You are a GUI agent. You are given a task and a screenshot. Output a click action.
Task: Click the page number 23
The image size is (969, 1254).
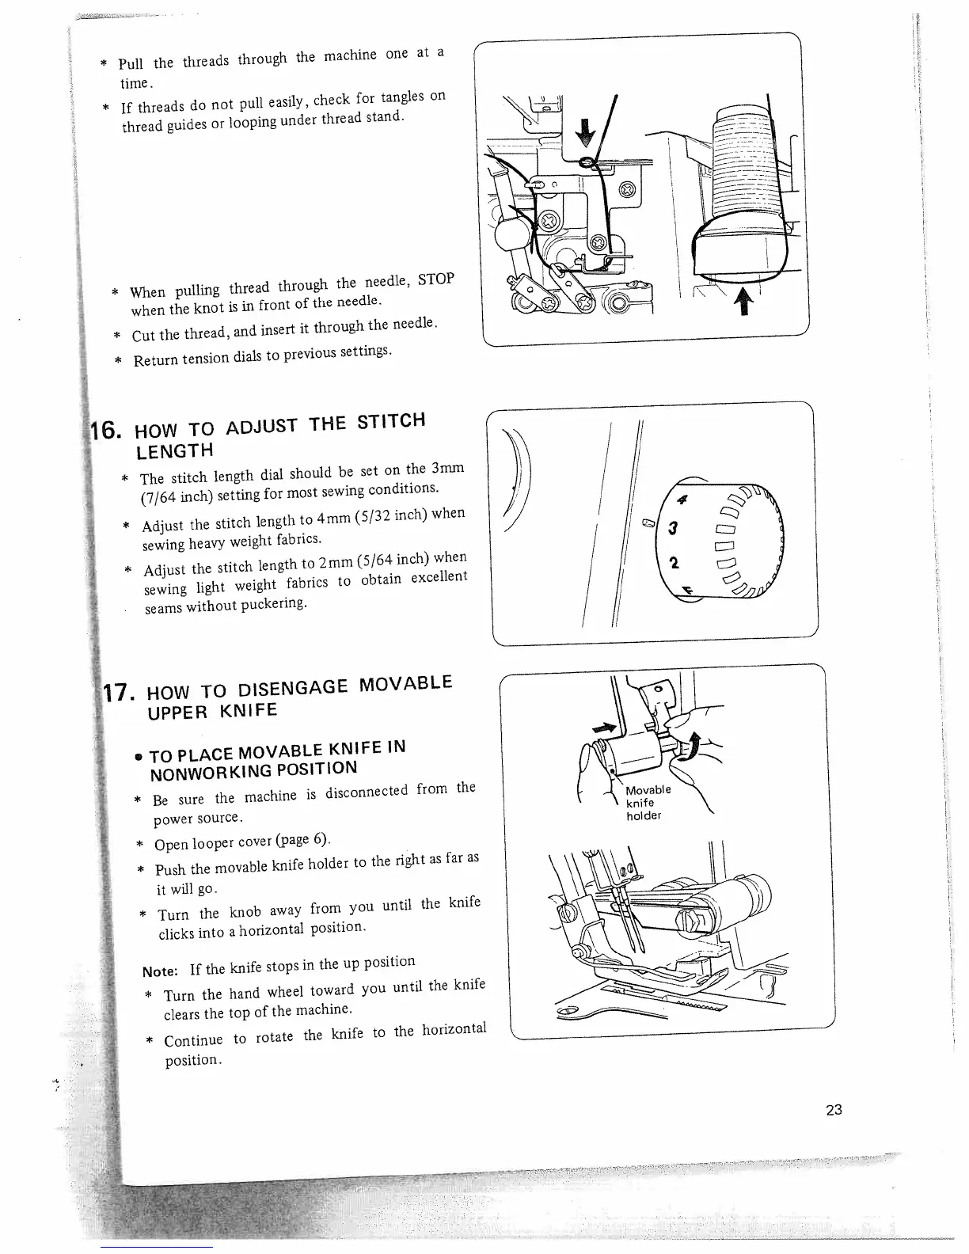(x=834, y=1110)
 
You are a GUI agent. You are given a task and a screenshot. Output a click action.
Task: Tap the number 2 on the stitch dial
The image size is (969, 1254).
(x=674, y=564)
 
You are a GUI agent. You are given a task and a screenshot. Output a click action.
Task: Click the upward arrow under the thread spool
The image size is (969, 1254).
(x=744, y=301)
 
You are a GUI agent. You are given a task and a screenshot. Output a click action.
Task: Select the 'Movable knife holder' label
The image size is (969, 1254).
(x=648, y=802)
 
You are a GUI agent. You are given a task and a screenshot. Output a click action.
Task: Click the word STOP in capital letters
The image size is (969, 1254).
(x=435, y=279)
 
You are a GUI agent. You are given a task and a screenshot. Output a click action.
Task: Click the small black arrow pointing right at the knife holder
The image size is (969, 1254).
(x=604, y=727)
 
